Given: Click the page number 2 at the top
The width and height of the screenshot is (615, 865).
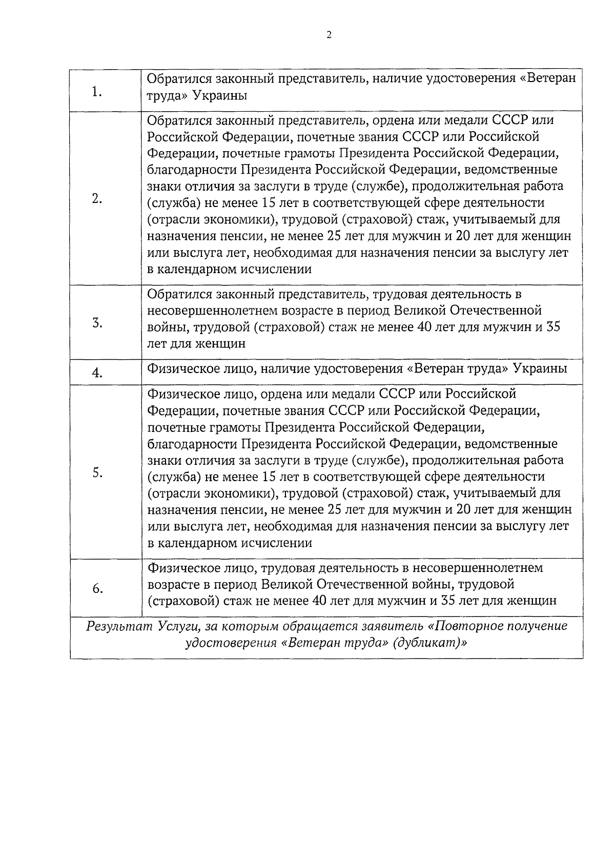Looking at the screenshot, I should coord(329,35).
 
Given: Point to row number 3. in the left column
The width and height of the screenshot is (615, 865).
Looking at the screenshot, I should coord(97,323).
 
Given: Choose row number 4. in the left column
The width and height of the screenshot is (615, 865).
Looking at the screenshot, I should coord(97,374).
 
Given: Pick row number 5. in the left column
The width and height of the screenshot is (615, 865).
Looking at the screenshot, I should coord(97,473).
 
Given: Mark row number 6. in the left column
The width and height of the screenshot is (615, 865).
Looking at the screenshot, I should coord(97,589).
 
